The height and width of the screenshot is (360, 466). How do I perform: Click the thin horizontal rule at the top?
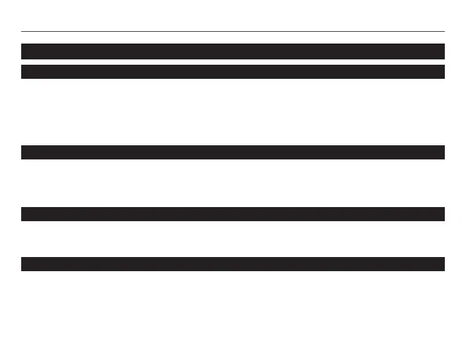click(x=232, y=31)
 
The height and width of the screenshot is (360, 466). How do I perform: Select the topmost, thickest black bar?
click(x=232, y=51)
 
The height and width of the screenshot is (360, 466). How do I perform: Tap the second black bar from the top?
click(x=232, y=72)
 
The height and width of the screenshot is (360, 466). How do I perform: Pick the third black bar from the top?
click(x=232, y=152)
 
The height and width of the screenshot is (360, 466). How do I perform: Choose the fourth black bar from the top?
click(x=232, y=214)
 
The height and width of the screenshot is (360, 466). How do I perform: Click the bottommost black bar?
click(x=232, y=264)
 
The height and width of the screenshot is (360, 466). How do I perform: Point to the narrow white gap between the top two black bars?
click(x=232, y=62)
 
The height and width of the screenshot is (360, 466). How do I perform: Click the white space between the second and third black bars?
click(x=232, y=112)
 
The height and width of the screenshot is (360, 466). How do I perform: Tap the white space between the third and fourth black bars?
click(x=232, y=183)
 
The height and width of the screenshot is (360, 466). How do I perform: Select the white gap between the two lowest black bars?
click(x=232, y=239)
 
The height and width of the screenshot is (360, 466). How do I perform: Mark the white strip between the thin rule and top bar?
click(x=232, y=38)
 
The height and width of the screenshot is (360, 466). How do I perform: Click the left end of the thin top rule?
click(x=22, y=31)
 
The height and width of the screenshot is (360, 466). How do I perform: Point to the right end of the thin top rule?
click(x=443, y=31)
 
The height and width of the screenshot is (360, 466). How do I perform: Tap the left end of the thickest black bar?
click(x=24, y=51)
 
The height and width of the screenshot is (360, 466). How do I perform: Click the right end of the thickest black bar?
click(x=442, y=51)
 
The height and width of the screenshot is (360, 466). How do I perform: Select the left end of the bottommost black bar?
click(x=24, y=264)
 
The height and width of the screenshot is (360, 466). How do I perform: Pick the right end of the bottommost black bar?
click(x=442, y=264)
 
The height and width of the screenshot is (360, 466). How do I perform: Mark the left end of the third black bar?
click(x=24, y=152)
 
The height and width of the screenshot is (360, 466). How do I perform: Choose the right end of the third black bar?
click(x=442, y=152)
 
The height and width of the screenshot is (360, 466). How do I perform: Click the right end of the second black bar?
click(x=442, y=72)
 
